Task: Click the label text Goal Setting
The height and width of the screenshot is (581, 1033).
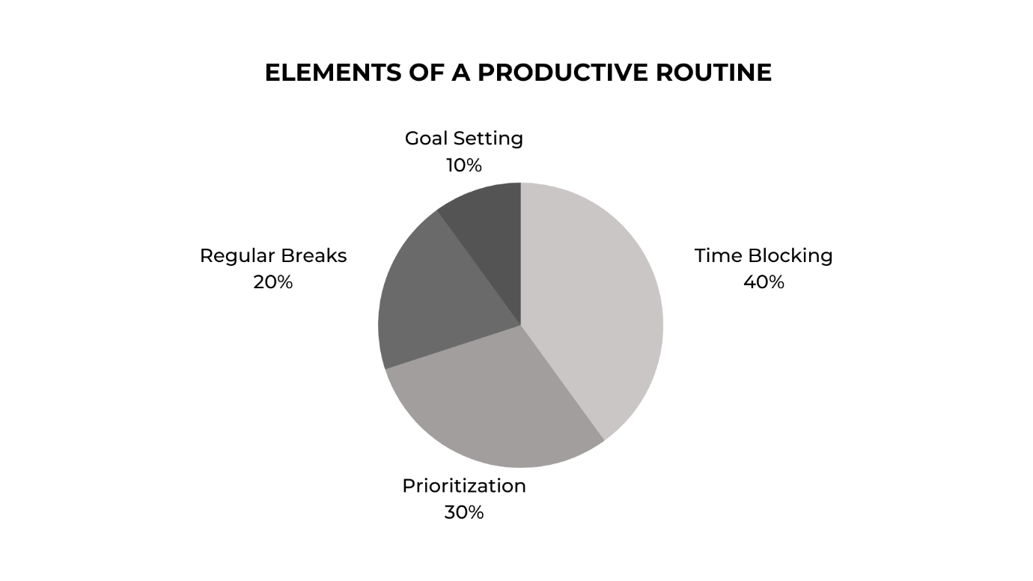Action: pos(464,139)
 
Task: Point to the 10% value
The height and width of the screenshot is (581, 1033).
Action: pos(464,165)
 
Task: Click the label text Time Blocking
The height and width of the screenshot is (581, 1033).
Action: pos(764,256)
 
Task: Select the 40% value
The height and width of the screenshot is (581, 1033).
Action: pos(764,282)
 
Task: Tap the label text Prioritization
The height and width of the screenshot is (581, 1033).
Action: pos(464,486)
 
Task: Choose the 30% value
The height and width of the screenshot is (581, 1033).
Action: pos(464,512)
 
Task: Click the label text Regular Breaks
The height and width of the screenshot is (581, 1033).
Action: pos(273,256)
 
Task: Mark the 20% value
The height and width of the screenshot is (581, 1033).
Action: pos(273,282)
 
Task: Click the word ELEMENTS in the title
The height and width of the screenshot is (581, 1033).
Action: pos(333,73)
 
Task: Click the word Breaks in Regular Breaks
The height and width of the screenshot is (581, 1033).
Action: pos(314,255)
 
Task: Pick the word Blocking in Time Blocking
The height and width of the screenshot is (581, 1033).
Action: pos(790,256)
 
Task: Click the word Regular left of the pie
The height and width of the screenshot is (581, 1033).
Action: pos(236,256)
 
